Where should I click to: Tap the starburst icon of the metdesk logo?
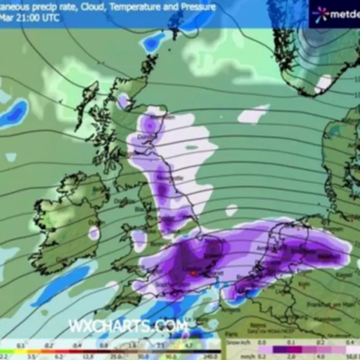tap(320, 14)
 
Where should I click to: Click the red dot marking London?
tap(193, 273)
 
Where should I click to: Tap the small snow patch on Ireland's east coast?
tap(94, 233)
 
